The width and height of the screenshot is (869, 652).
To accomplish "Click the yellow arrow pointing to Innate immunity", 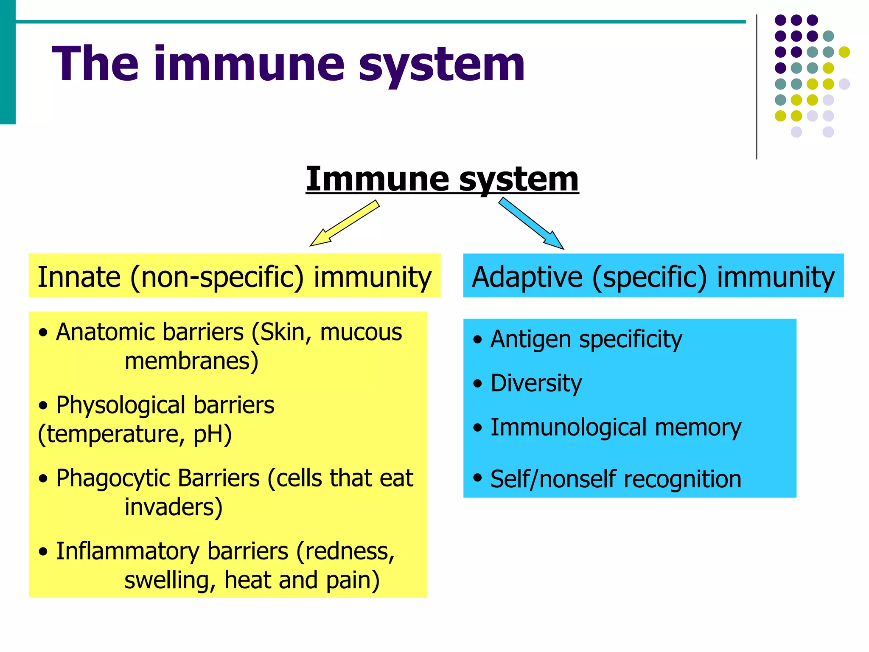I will (x=345, y=224).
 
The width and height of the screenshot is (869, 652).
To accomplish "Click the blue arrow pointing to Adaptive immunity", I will (x=531, y=224).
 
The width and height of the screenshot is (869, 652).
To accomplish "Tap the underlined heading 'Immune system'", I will (x=442, y=179).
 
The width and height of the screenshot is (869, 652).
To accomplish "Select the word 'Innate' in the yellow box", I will (x=79, y=277).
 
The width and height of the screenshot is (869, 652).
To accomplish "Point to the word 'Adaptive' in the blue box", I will (x=527, y=277).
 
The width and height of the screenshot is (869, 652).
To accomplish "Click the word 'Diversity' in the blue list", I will (x=536, y=383).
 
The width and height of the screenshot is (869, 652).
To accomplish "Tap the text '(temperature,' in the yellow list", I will (x=111, y=434).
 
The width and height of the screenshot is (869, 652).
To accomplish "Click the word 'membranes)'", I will (x=191, y=361).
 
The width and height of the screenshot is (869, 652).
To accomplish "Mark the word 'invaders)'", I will (x=174, y=507).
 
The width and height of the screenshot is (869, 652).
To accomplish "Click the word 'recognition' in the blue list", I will (x=683, y=479).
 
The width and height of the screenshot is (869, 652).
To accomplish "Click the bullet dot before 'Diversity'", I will (x=478, y=384).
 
